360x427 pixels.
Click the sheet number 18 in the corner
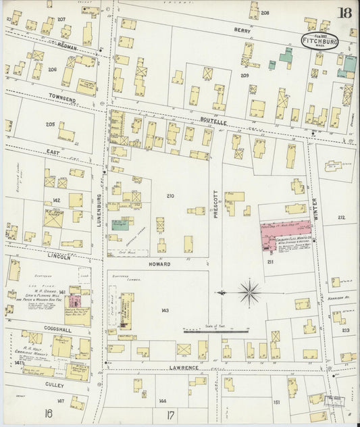coord(345,13)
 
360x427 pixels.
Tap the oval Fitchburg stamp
coord(319,41)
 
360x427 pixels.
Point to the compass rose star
coord(249,293)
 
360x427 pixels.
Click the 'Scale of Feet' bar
coord(216,331)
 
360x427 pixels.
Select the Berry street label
coord(242,30)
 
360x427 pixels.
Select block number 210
coord(170,196)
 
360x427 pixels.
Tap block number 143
coord(165,310)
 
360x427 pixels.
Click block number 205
coord(49,124)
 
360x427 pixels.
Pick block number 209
coord(245,76)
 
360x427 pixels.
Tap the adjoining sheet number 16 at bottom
coord(48,413)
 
